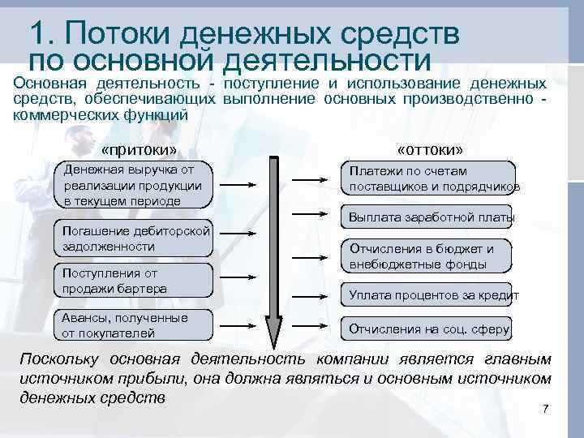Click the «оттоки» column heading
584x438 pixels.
pos(430,151)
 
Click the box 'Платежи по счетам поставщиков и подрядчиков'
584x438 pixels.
pos(431,179)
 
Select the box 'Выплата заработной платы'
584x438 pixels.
pos(431,218)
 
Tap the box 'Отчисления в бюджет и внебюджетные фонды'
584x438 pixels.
pos(431,256)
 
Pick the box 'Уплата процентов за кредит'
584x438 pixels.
pos(431,294)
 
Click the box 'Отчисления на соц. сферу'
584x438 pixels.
pos(429,328)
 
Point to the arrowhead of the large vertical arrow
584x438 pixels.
pos(275,333)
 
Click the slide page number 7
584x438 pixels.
pos(546,407)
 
